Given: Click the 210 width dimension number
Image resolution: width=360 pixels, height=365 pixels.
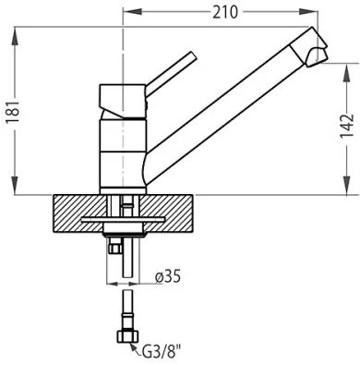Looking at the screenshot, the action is [225, 12].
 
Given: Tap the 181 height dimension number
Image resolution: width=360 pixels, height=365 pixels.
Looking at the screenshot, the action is [13, 111].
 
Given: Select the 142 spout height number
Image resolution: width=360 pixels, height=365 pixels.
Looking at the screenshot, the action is [347, 127].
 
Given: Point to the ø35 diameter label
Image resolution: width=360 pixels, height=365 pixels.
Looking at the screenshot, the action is [168, 276].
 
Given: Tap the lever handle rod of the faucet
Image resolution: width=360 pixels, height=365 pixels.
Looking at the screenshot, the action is [171, 71].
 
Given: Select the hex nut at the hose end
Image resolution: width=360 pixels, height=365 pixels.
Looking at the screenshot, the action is [127, 336].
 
